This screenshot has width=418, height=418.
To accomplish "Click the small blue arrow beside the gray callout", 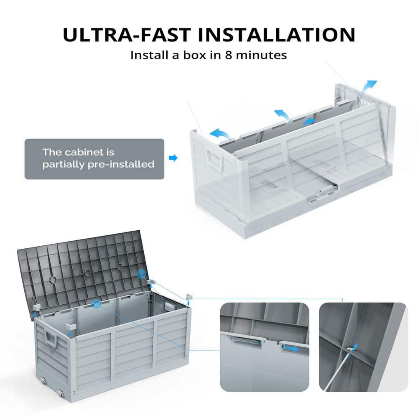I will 173,158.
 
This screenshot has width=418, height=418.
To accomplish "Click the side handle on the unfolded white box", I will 214,159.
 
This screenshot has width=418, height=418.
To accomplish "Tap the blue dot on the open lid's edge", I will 139,273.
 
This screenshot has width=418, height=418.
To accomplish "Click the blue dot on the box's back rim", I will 97,304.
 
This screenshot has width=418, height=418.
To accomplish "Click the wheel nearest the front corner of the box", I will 62,393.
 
